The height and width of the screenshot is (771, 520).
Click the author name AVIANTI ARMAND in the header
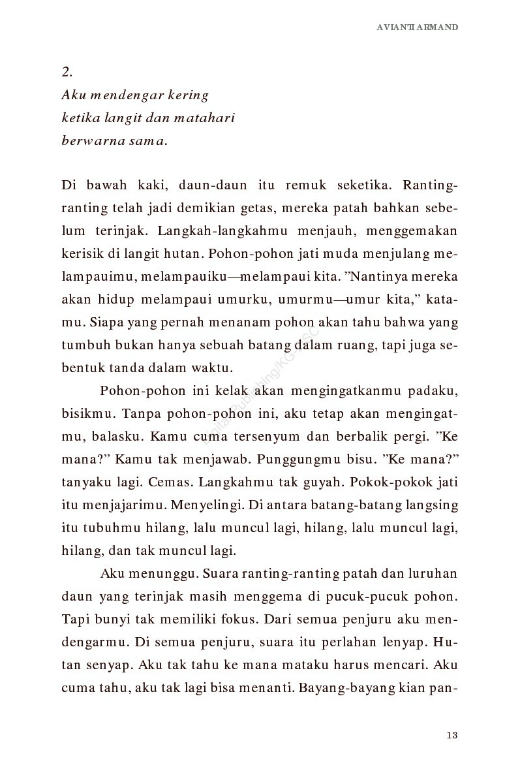click(418, 27)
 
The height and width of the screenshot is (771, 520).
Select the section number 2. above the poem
click(67, 72)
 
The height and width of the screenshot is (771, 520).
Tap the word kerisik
click(82, 254)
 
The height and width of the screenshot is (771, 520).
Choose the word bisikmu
click(82, 414)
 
